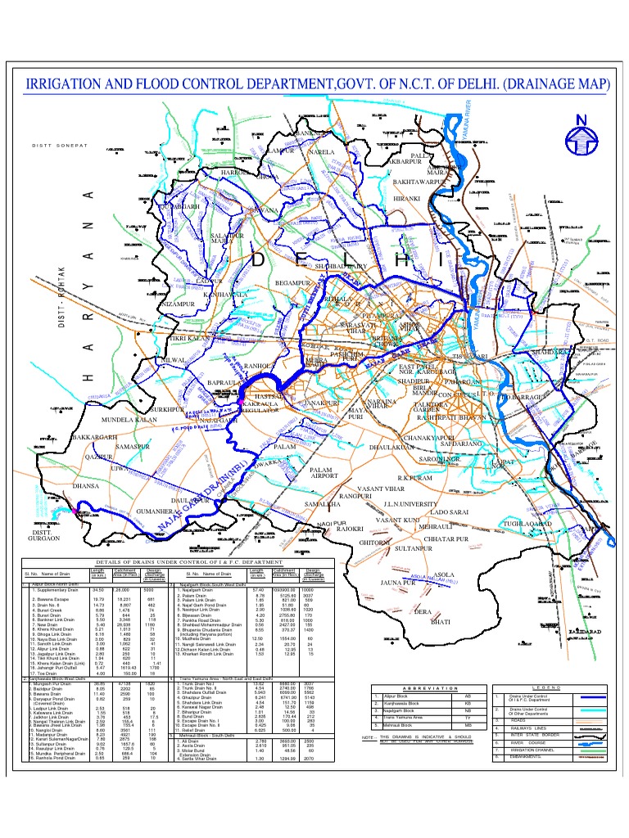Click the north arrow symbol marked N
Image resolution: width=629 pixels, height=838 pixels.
tap(581, 133)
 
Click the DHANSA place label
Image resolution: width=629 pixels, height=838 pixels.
tap(88, 486)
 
